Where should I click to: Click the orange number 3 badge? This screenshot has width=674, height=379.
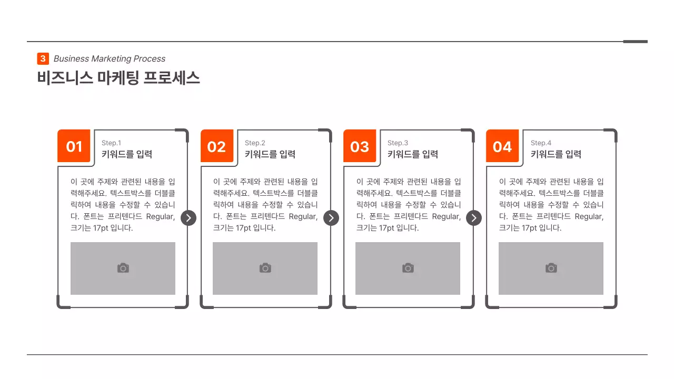(x=43, y=59)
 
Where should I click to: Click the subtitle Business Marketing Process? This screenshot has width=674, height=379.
(x=110, y=59)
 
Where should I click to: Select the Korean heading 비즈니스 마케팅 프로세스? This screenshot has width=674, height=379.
(x=118, y=78)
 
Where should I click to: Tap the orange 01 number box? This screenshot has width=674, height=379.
(x=74, y=146)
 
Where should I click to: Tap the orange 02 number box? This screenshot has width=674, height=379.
(x=216, y=146)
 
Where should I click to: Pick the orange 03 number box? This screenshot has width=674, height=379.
(x=360, y=146)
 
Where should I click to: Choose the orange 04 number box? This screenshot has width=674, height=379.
(x=502, y=146)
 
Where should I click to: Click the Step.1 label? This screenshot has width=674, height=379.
(x=111, y=143)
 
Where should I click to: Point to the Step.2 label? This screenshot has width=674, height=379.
(x=255, y=143)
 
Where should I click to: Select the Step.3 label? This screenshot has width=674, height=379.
(x=398, y=143)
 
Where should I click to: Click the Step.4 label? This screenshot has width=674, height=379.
(x=541, y=143)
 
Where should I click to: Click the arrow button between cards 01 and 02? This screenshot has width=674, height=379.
(x=189, y=218)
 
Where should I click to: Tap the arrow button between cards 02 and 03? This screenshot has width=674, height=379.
(x=331, y=218)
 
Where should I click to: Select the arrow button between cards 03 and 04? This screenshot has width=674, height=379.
(x=474, y=218)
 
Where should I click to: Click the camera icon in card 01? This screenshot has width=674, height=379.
(x=123, y=268)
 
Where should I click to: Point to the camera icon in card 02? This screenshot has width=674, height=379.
(x=265, y=268)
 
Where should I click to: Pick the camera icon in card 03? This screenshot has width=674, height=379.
(x=408, y=268)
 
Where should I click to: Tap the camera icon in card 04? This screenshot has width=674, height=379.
(x=551, y=268)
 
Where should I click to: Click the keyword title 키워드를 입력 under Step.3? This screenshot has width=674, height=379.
(x=413, y=154)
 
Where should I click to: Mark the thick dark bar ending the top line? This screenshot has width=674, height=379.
(x=635, y=42)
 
